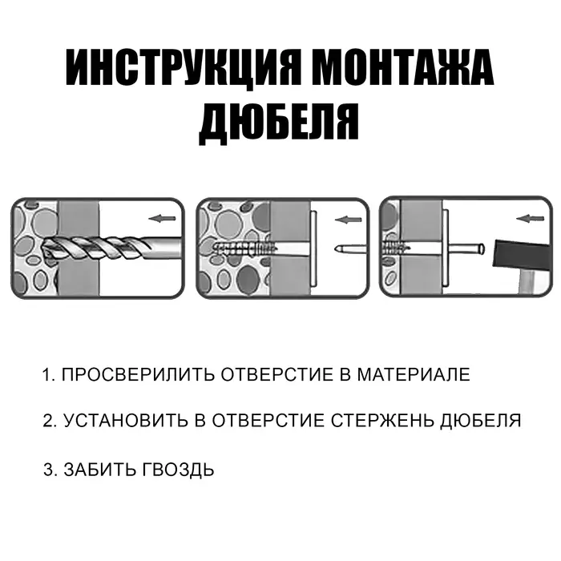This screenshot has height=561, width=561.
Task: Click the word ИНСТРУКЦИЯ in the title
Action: click(182, 70)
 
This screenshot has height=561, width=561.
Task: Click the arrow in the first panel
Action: click(161, 217)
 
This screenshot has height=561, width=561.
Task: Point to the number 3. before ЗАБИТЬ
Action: click(49, 470)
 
